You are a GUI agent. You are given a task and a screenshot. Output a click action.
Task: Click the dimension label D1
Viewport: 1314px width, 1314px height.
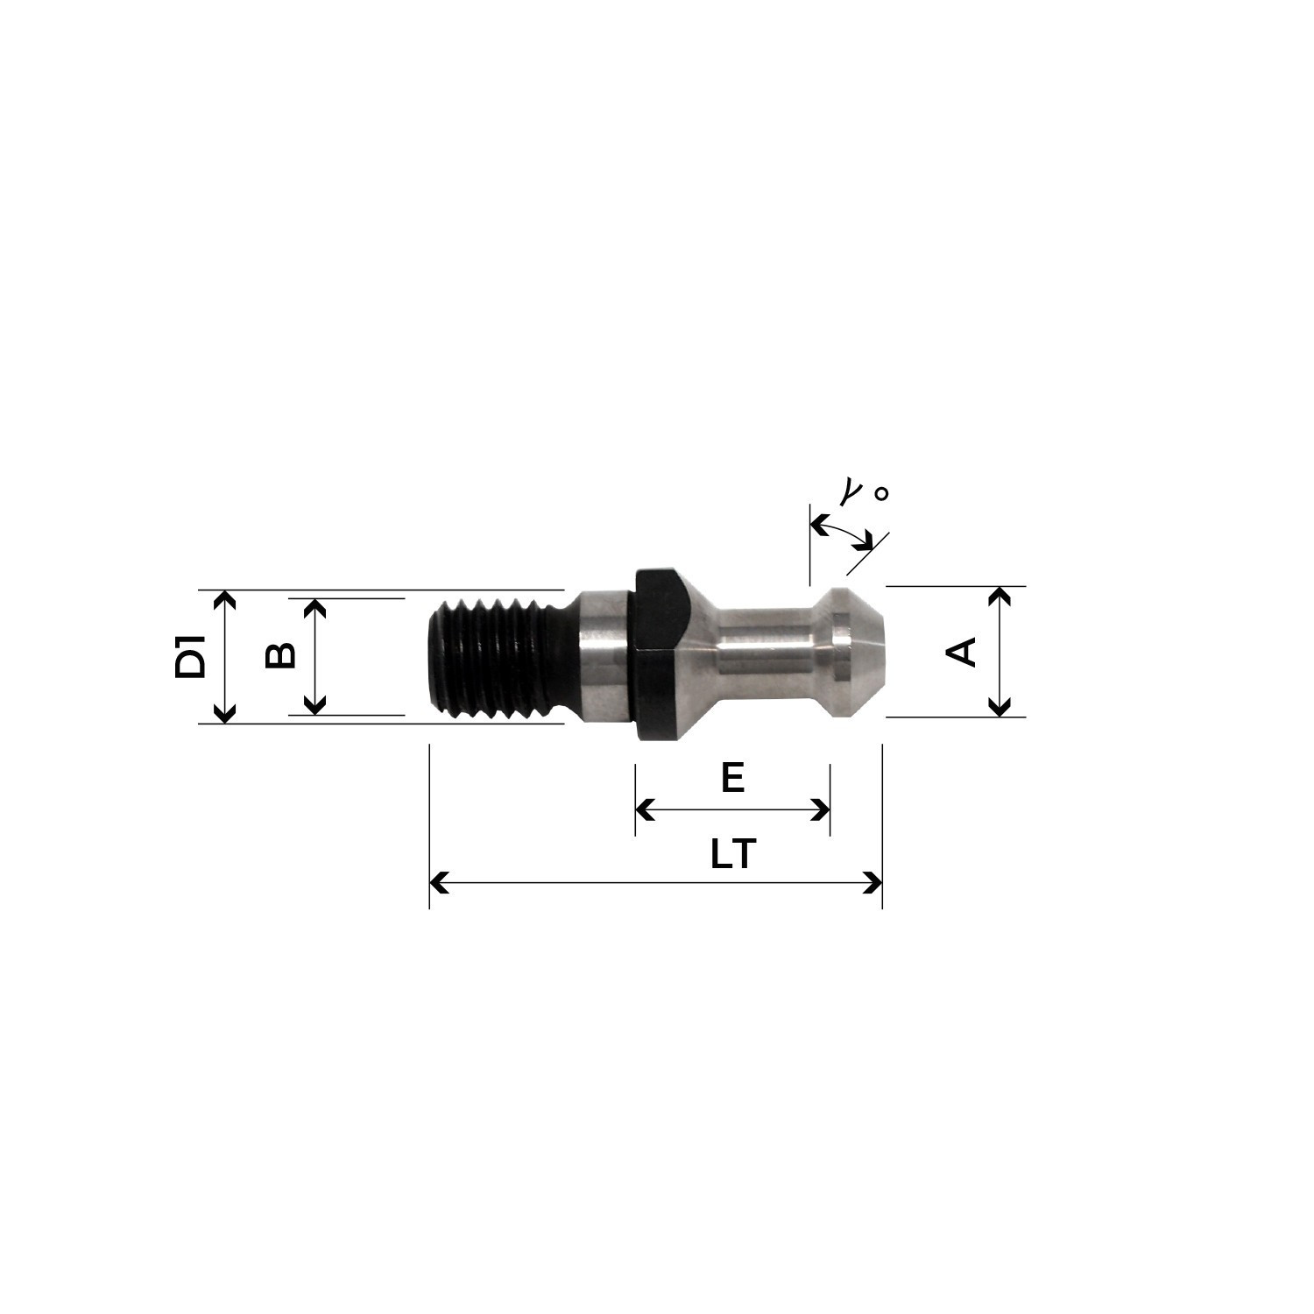pos(190,658)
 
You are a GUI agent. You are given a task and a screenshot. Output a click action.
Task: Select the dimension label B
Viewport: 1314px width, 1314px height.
pos(280,655)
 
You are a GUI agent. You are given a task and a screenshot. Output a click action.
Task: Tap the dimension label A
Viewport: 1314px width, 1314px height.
pos(963,652)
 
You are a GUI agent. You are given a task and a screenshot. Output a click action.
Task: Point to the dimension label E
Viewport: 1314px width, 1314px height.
pos(732,777)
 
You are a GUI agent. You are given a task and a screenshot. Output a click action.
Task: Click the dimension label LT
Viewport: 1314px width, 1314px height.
pos(732,854)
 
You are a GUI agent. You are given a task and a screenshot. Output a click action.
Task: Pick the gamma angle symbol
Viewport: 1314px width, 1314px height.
pos(849,493)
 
